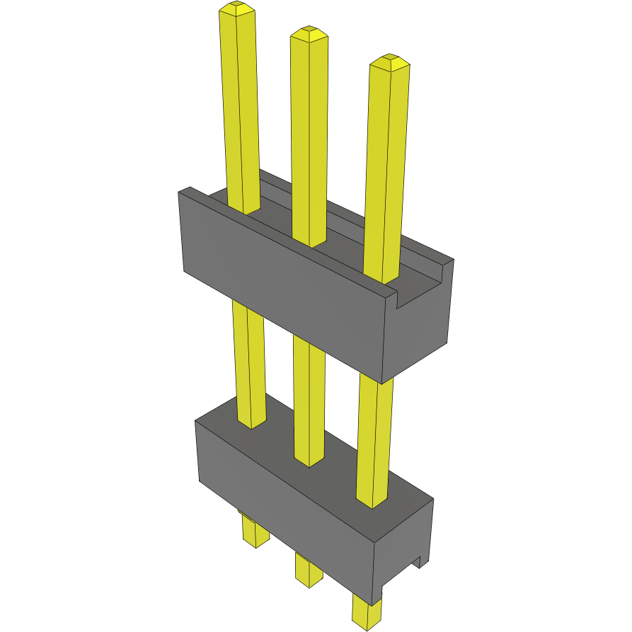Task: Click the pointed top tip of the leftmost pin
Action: [x=237, y=8]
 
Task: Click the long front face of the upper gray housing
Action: [x=283, y=283]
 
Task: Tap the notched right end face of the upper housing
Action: [x=418, y=326]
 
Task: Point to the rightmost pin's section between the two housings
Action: [x=373, y=439]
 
